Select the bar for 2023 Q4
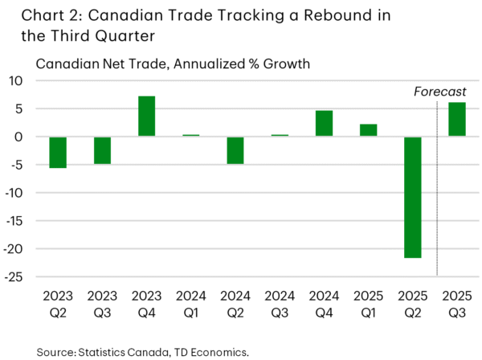[x=146, y=117]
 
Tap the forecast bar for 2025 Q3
[x=457, y=120]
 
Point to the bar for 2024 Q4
[x=324, y=124]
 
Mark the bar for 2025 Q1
[x=369, y=130]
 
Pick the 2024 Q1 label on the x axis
[x=191, y=305]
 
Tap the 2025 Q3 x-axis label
[x=457, y=305]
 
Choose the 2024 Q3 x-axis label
[x=280, y=305]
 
